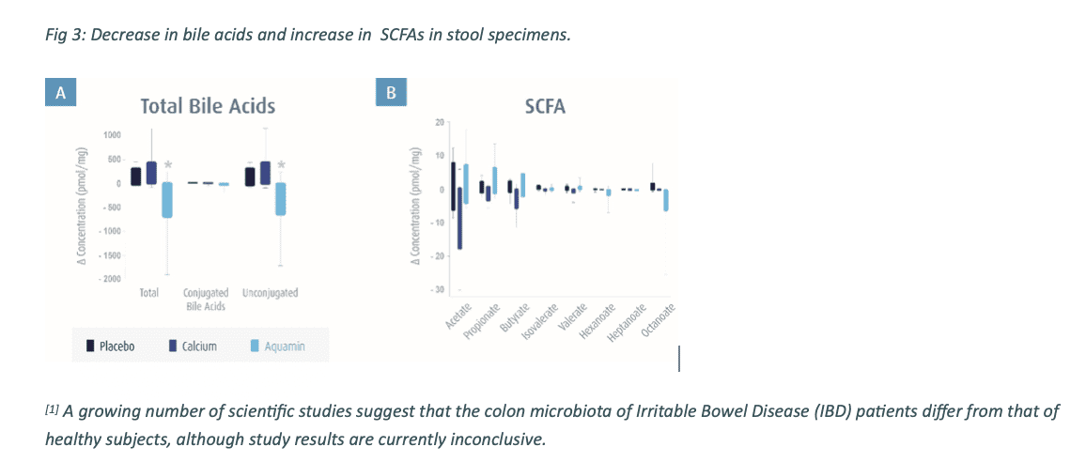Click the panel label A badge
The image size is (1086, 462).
61,92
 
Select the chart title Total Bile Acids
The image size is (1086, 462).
208,106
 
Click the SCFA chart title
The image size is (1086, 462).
545,106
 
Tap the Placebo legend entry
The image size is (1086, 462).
111,346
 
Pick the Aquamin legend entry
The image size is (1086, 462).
277,346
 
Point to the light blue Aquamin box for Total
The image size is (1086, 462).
166,199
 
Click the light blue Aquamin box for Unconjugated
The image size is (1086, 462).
280,198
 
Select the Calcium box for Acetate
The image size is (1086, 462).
459,218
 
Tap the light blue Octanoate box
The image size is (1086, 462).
666,199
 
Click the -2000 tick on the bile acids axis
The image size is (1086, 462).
111,279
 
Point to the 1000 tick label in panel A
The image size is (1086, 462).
113,135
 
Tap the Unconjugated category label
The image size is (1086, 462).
271,293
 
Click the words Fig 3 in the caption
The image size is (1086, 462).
60,35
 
